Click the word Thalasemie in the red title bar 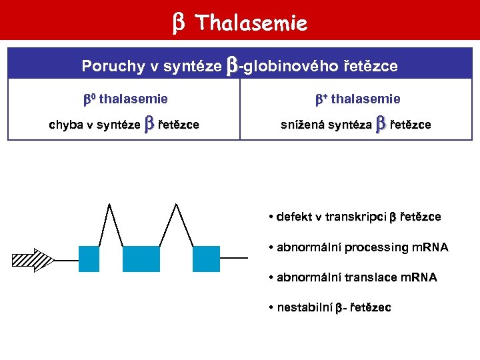coord(252,24)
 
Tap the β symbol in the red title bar coord(179,24)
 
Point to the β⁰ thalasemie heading coord(125,99)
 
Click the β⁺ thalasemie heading coord(357,99)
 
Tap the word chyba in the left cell coord(64,125)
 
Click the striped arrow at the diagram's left coord(33,260)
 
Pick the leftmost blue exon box coord(89,259)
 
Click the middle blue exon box coord(141,259)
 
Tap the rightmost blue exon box coord(206,259)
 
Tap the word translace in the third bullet coord(368,277)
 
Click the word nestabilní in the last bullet coord(304,307)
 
